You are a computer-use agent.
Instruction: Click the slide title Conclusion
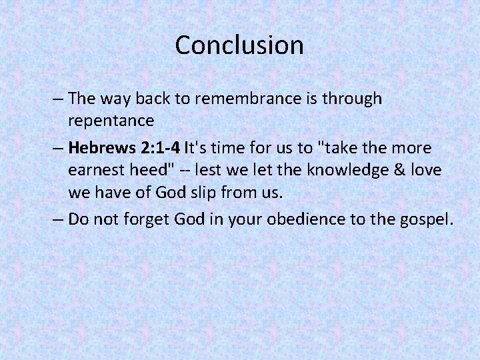[239, 45]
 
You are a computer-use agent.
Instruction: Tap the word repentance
[111, 122]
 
